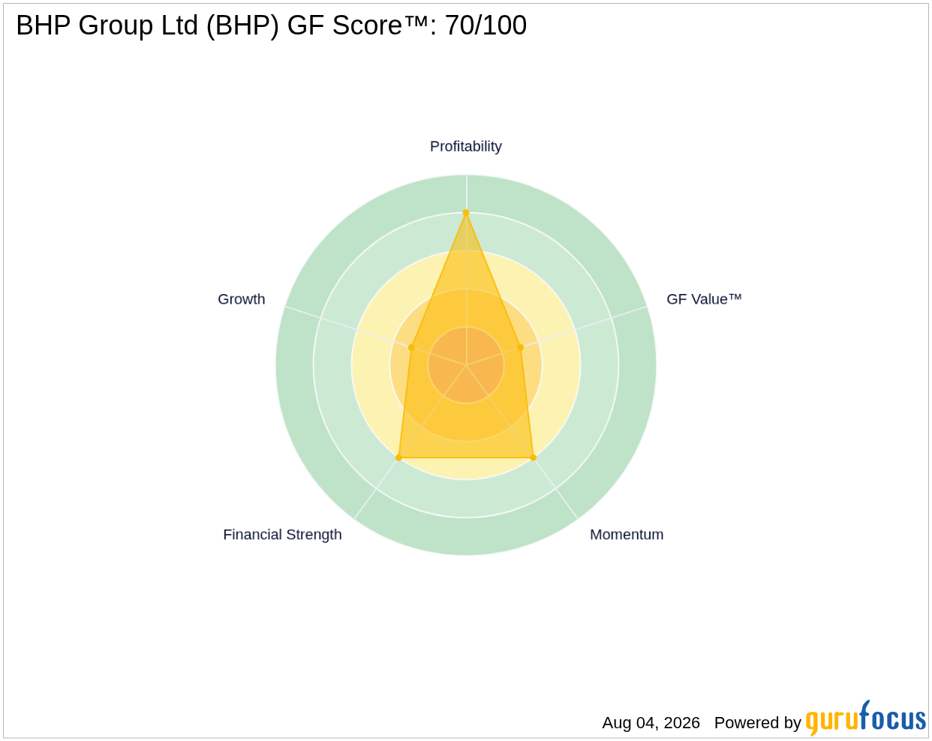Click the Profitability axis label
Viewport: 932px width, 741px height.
[465, 146]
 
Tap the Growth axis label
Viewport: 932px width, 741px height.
[241, 299]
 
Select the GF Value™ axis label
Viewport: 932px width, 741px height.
[704, 299]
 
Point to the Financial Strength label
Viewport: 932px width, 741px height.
[282, 535]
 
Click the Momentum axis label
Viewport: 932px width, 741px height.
[627, 535]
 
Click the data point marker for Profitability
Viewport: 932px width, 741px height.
[466, 212]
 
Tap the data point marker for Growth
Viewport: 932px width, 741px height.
[411, 347]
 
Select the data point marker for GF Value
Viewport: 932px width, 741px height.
[521, 347]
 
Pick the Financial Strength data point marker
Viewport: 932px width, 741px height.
[399, 457]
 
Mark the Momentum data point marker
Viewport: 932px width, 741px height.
[534, 457]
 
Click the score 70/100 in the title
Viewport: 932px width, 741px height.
[486, 25]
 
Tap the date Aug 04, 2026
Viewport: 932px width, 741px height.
[651, 723]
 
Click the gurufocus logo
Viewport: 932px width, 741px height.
[866, 718]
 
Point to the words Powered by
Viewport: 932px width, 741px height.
[757, 723]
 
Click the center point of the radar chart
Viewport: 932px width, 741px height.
[466, 364]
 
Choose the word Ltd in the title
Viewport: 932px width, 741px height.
[180, 25]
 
